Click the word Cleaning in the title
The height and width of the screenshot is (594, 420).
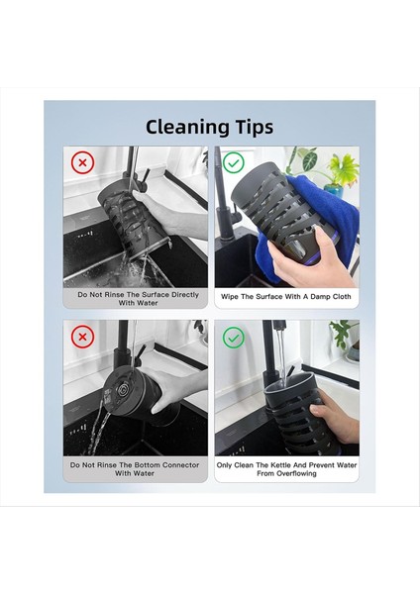[187, 128]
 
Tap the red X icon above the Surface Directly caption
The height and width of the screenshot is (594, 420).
[82, 162]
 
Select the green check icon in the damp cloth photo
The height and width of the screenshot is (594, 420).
[234, 162]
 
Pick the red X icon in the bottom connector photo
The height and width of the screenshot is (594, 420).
[82, 337]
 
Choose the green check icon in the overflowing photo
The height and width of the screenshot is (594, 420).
[234, 338]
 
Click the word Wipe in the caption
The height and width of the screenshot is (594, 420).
[230, 296]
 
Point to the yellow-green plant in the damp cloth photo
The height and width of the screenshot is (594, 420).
[343, 169]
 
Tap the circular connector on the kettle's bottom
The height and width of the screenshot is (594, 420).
[123, 390]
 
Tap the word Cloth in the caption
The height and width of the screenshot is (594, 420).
[342, 296]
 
